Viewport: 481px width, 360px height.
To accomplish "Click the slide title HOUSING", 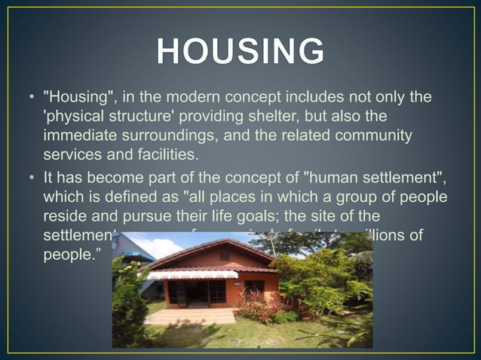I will click(240, 52).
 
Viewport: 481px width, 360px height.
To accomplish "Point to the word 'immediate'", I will click(80, 136).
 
